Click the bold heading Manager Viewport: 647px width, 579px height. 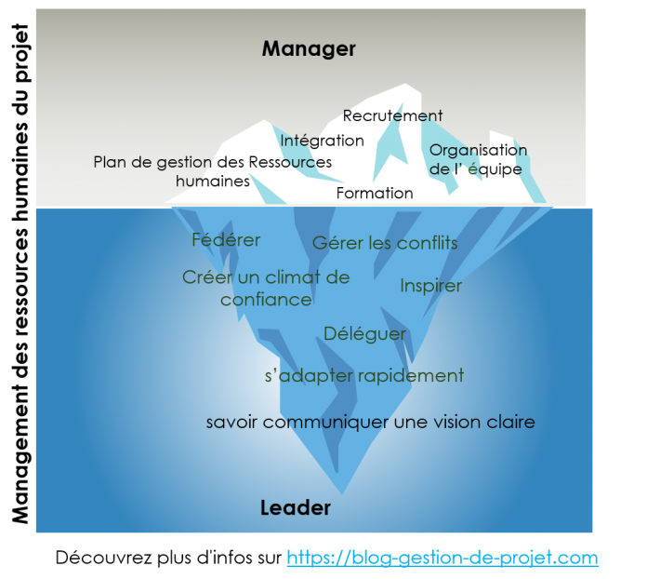(x=309, y=49)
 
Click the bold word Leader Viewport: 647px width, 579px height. (x=296, y=508)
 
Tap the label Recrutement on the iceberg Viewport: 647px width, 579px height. (x=392, y=115)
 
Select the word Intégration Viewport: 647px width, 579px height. (x=322, y=141)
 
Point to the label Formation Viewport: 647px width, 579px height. (x=375, y=193)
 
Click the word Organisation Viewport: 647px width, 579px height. (x=478, y=150)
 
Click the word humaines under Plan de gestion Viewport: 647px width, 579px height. (x=213, y=181)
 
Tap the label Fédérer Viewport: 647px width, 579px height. (x=226, y=240)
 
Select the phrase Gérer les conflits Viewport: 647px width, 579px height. (x=385, y=243)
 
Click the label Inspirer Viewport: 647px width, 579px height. (x=430, y=286)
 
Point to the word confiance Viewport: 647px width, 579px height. (x=266, y=300)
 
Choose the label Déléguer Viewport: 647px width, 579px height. (x=364, y=334)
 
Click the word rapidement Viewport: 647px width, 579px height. (x=411, y=376)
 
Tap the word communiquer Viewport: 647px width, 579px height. (x=326, y=423)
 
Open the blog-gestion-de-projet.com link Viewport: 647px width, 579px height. (x=442, y=558)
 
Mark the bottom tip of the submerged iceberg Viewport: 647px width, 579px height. (x=342, y=494)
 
